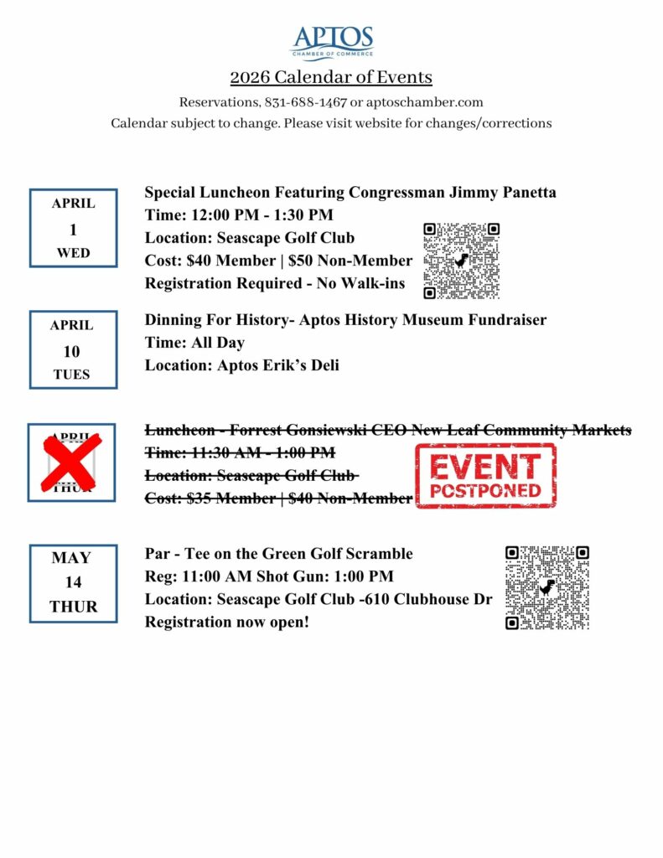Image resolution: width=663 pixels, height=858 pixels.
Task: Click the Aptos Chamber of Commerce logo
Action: click(x=332, y=43)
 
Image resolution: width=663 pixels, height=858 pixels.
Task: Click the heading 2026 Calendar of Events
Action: click(x=331, y=78)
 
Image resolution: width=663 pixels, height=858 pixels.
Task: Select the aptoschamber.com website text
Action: click(x=424, y=102)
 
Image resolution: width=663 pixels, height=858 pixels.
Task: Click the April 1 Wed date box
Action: click(x=74, y=228)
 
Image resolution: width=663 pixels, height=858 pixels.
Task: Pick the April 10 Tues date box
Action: click(x=73, y=349)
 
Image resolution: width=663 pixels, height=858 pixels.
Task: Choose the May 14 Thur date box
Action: click(x=73, y=582)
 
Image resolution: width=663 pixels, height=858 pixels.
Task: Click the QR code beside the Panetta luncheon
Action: click(x=461, y=261)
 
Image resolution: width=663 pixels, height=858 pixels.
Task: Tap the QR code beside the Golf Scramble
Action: click(x=546, y=587)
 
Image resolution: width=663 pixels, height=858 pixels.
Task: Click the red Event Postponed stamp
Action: click(x=485, y=476)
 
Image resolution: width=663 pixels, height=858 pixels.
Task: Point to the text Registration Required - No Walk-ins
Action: click(x=274, y=283)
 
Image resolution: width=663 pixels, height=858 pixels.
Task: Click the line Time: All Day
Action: click(x=194, y=343)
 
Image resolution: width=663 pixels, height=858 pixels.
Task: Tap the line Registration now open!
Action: click(x=227, y=622)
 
